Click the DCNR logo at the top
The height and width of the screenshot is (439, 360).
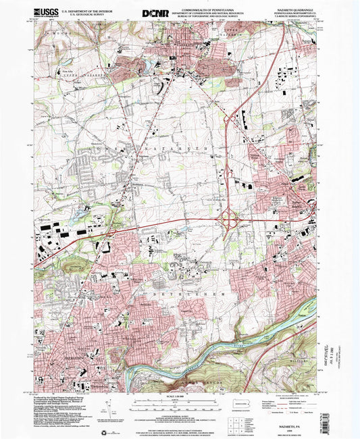point(155,13)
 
